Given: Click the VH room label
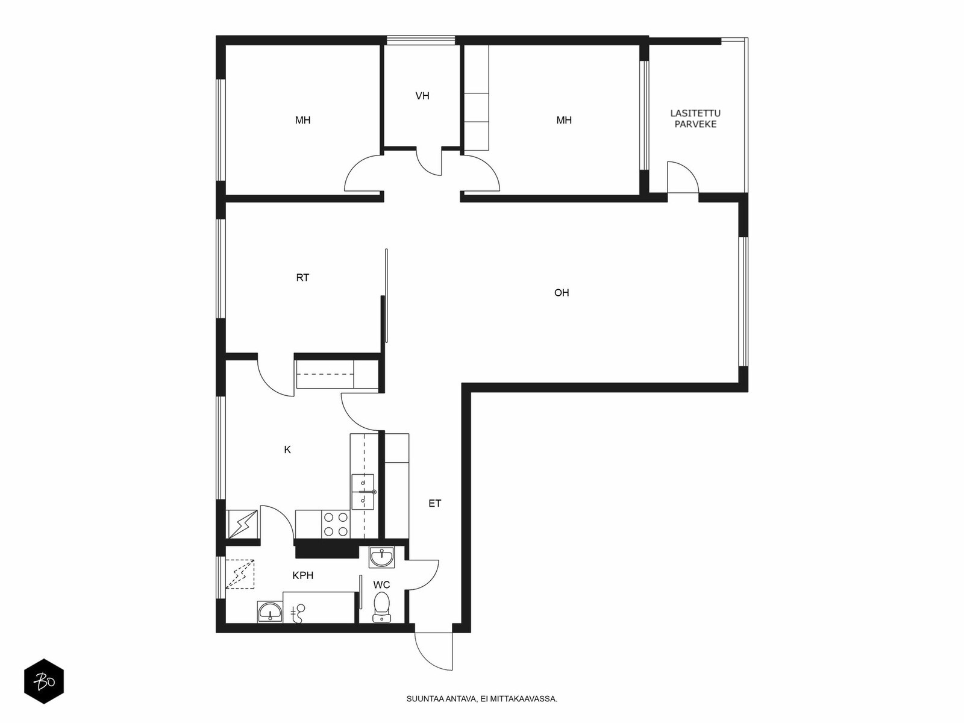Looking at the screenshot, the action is (x=422, y=96).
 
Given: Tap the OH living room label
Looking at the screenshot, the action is (x=562, y=293).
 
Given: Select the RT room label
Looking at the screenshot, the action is (x=302, y=277).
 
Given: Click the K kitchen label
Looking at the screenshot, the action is (x=287, y=449).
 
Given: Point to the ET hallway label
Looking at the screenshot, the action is (x=434, y=504).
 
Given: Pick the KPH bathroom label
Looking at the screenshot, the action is (x=303, y=575).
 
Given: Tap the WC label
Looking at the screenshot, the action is (x=381, y=584).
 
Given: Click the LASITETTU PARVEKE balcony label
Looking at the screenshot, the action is (x=695, y=119).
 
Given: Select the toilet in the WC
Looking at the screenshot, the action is (x=381, y=607).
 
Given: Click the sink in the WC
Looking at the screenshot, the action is (x=381, y=557).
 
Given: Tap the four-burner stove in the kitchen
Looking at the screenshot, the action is (x=336, y=524).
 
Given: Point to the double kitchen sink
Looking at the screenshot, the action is (x=363, y=492).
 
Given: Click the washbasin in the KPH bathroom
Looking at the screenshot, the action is (x=270, y=612).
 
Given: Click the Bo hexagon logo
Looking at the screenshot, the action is (x=44, y=681).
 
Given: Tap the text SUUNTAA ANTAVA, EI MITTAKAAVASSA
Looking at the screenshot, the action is (x=481, y=699).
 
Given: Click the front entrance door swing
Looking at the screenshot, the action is (x=433, y=651).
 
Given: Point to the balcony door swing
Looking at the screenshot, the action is (x=683, y=177).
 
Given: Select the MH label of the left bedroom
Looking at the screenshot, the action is (x=302, y=120).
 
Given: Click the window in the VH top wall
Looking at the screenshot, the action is (x=421, y=40).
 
